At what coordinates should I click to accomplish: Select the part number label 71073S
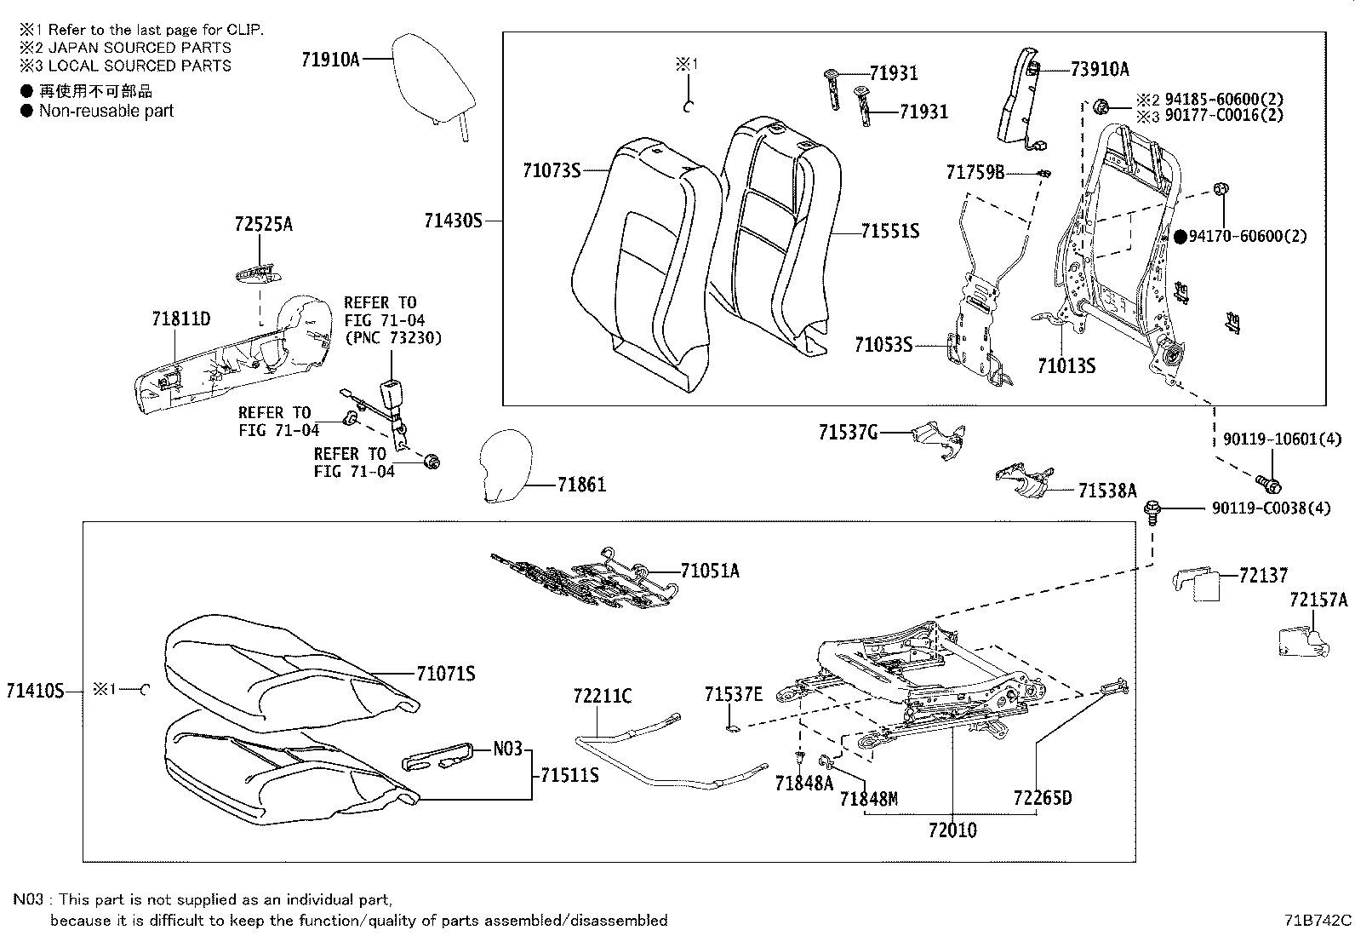(x=551, y=171)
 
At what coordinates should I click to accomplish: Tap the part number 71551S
(x=889, y=232)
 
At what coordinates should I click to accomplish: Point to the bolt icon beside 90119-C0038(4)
(x=1152, y=510)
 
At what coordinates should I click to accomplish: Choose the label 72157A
(x=1318, y=600)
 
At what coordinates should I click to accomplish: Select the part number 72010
(x=952, y=830)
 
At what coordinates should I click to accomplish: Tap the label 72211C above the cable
(x=602, y=697)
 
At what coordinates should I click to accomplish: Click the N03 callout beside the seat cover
(x=507, y=749)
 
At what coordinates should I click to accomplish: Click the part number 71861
(x=581, y=485)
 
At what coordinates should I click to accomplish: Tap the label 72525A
(x=263, y=225)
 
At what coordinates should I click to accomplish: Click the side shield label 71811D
(x=180, y=319)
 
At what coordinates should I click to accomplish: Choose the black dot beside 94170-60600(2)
(x=1180, y=237)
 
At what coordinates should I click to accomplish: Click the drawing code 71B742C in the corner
(x=1318, y=921)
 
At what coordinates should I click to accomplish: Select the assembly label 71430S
(x=453, y=221)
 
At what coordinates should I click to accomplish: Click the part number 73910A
(x=1100, y=70)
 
